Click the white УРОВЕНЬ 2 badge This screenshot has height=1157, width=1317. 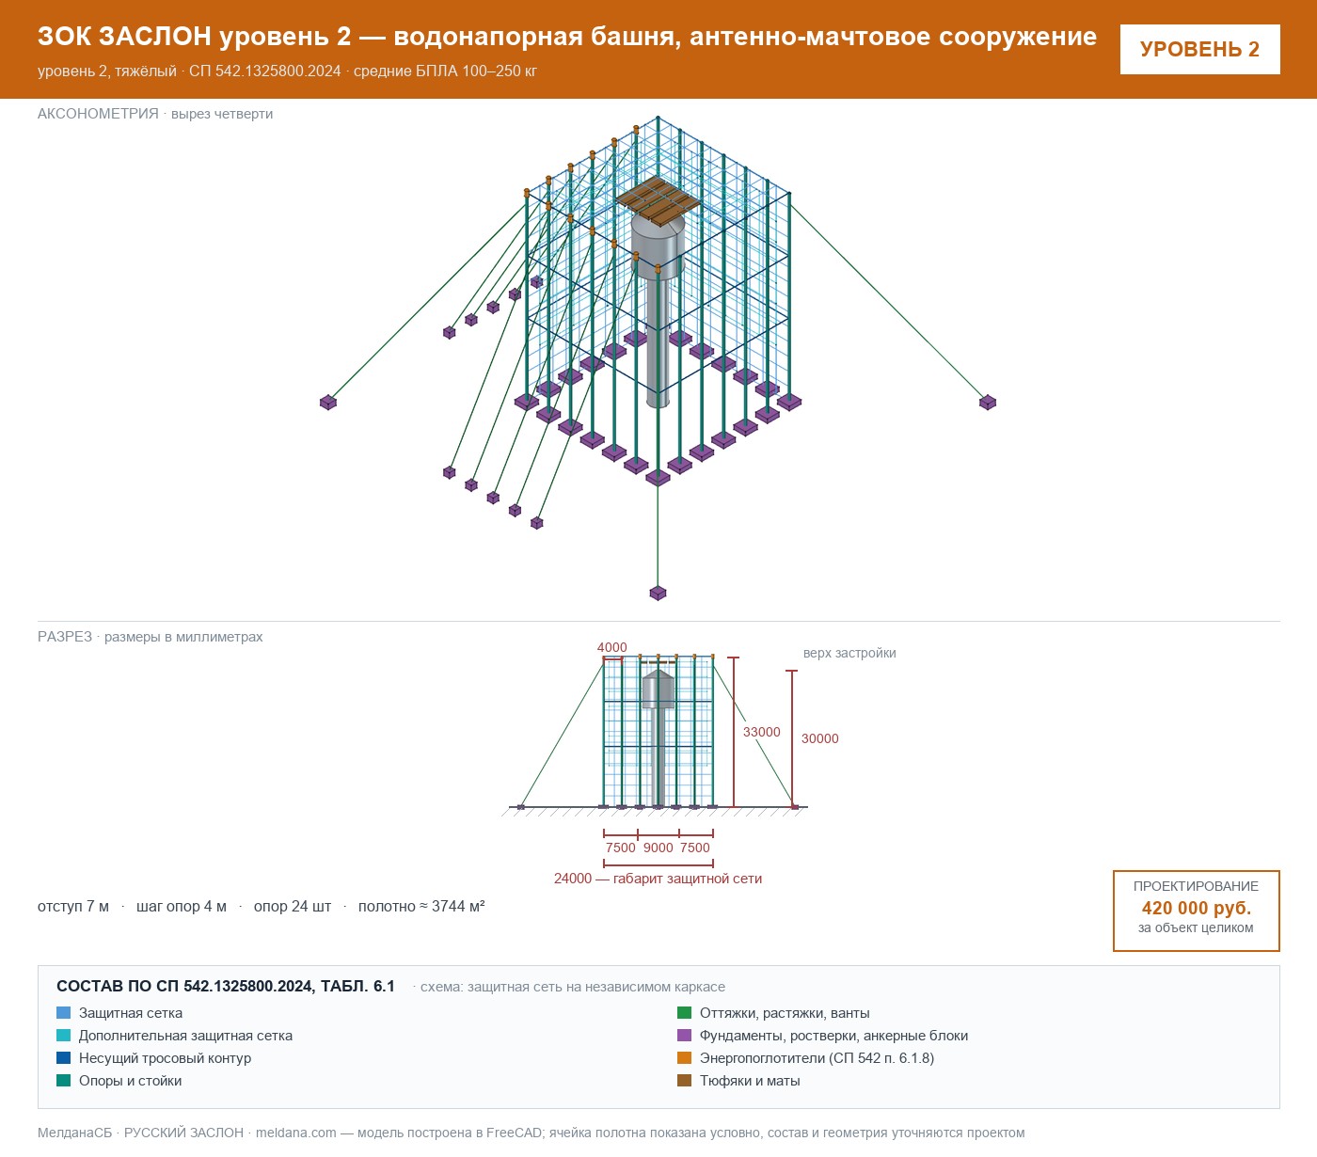(x=1199, y=50)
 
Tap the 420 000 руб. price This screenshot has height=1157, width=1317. (x=1196, y=908)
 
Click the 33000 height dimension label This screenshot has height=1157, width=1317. (x=761, y=732)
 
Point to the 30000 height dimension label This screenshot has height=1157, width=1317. (x=819, y=738)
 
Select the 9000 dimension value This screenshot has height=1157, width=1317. (x=658, y=848)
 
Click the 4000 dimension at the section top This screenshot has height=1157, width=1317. (x=611, y=647)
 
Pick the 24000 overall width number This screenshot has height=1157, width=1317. (x=573, y=879)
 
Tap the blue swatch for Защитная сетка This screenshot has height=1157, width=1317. (x=64, y=1013)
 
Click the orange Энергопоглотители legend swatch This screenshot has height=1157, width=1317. (x=685, y=1058)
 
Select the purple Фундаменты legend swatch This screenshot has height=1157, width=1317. (x=685, y=1036)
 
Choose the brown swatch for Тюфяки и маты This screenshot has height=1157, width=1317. (x=685, y=1081)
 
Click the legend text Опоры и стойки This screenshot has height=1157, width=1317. (x=130, y=1081)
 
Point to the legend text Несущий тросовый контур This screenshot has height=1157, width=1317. (x=166, y=1058)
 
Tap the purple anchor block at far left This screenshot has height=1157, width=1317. (x=328, y=403)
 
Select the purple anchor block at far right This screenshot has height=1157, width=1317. (x=988, y=403)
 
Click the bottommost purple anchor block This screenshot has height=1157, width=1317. (x=658, y=593)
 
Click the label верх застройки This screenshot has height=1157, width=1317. (x=849, y=653)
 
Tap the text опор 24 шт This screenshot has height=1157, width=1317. (x=293, y=906)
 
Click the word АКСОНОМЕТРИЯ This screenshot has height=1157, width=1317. (x=98, y=114)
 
